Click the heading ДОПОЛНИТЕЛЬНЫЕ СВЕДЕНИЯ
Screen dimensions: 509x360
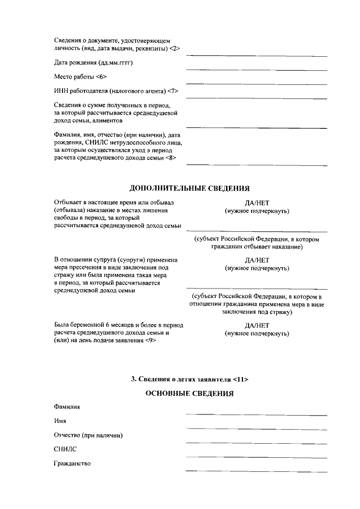pyautogui.click(x=190, y=188)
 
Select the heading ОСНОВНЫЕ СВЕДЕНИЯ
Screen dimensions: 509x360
pyautogui.click(x=190, y=393)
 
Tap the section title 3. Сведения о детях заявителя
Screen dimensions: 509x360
pyautogui.click(x=190, y=379)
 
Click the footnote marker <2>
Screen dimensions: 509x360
pyautogui.click(x=174, y=49)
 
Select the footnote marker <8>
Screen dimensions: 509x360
pyautogui.click(x=172, y=158)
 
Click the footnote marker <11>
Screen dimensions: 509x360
pyautogui.click(x=240, y=379)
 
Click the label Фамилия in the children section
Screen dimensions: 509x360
pyautogui.click(x=67, y=406)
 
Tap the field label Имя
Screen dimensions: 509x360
pyautogui.click(x=61, y=421)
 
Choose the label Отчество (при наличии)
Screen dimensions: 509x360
pyautogui.click(x=88, y=435)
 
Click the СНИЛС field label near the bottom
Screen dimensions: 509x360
pyautogui.click(x=65, y=449)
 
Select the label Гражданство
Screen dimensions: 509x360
pyautogui.click(x=72, y=464)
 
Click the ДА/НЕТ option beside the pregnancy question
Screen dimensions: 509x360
pyautogui.click(x=257, y=325)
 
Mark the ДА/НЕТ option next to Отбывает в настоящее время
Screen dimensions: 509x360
pyautogui.click(x=257, y=202)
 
